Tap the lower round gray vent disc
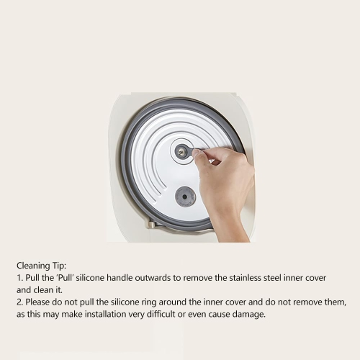click(x=185, y=196)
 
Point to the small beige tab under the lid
click(x=153, y=225)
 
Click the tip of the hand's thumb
click(x=196, y=154)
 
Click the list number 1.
click(x=18, y=277)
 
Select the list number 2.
click(x=19, y=302)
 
